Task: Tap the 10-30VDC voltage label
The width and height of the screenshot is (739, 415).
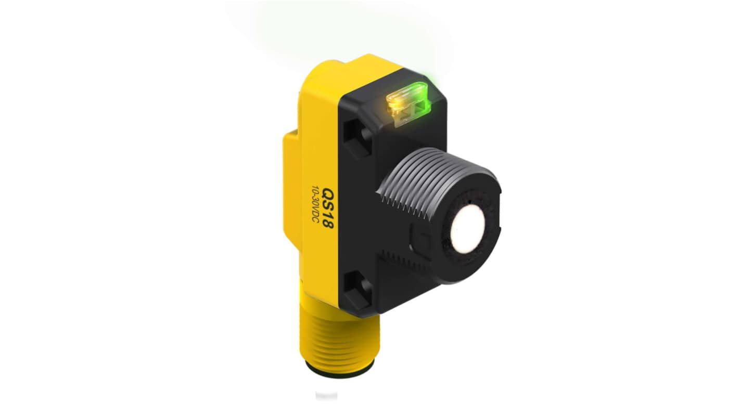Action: coord(314,206)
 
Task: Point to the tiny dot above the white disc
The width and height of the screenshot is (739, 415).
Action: coord(469,201)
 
